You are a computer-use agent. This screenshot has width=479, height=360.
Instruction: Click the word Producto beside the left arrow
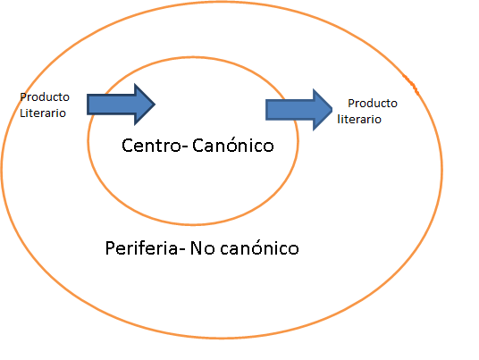[x=45, y=97]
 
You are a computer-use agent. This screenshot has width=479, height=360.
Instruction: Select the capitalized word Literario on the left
[x=43, y=113]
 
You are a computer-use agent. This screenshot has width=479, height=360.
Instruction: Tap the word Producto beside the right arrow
[x=373, y=104]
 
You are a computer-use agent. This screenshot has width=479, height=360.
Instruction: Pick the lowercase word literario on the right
[x=359, y=119]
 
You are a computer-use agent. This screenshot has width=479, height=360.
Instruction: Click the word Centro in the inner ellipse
[x=152, y=146]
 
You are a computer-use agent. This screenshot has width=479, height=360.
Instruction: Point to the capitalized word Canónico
[x=233, y=145]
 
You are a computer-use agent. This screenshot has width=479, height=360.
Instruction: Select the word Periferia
[x=141, y=247]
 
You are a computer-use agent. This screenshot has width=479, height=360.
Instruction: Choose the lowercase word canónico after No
[x=259, y=247]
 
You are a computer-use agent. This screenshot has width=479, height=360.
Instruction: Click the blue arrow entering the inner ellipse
[x=121, y=105]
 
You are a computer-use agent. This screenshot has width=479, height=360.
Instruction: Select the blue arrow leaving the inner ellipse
[x=299, y=110]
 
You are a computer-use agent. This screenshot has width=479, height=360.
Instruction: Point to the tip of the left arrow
[x=155, y=105]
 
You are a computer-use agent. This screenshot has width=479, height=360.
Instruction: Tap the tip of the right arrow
[x=332, y=110]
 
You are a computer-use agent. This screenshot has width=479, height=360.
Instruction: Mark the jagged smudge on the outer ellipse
[x=411, y=84]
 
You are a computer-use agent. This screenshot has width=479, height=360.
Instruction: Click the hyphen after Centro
[x=185, y=147]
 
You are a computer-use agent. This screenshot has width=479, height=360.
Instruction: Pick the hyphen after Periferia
[x=181, y=249]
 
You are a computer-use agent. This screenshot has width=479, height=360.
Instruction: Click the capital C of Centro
[x=127, y=146]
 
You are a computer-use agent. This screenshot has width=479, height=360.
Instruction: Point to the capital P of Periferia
[x=110, y=248]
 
